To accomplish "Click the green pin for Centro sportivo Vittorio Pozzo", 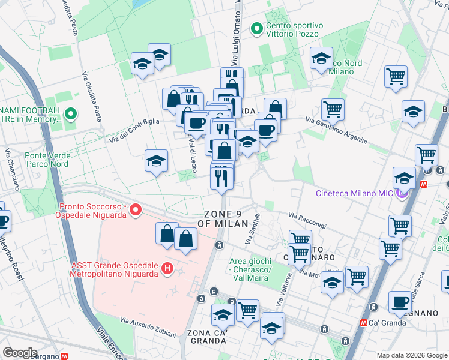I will click(x=257, y=28).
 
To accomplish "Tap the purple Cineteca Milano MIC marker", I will click(x=400, y=193).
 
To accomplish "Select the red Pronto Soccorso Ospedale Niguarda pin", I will click(x=136, y=210).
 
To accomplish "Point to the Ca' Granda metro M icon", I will click(x=364, y=322).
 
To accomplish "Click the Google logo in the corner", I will click(x=20, y=353).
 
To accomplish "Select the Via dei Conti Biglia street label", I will click(x=134, y=130).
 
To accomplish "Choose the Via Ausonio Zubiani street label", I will click(x=148, y=327).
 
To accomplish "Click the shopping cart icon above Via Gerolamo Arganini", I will click(x=333, y=110).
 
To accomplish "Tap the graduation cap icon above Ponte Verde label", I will click(x=156, y=161).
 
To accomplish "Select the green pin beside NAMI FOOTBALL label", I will click(x=71, y=112).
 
